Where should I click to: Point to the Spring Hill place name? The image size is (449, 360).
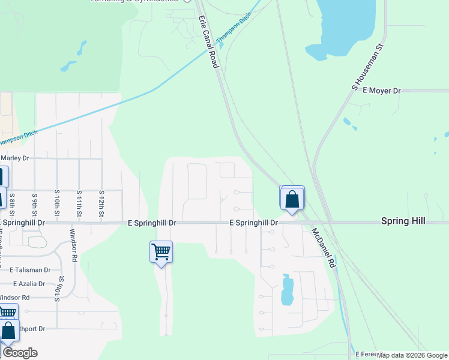[403, 221]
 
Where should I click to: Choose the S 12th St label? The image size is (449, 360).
[101, 205]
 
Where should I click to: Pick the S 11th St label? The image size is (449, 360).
[79, 205]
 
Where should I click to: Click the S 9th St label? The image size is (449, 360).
[35, 205]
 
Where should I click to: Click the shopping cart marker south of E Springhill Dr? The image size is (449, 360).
[161, 252]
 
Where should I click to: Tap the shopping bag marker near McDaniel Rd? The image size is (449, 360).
[292, 199]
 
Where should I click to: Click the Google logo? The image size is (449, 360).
[19, 353]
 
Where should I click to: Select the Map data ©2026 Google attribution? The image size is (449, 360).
[412, 355]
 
